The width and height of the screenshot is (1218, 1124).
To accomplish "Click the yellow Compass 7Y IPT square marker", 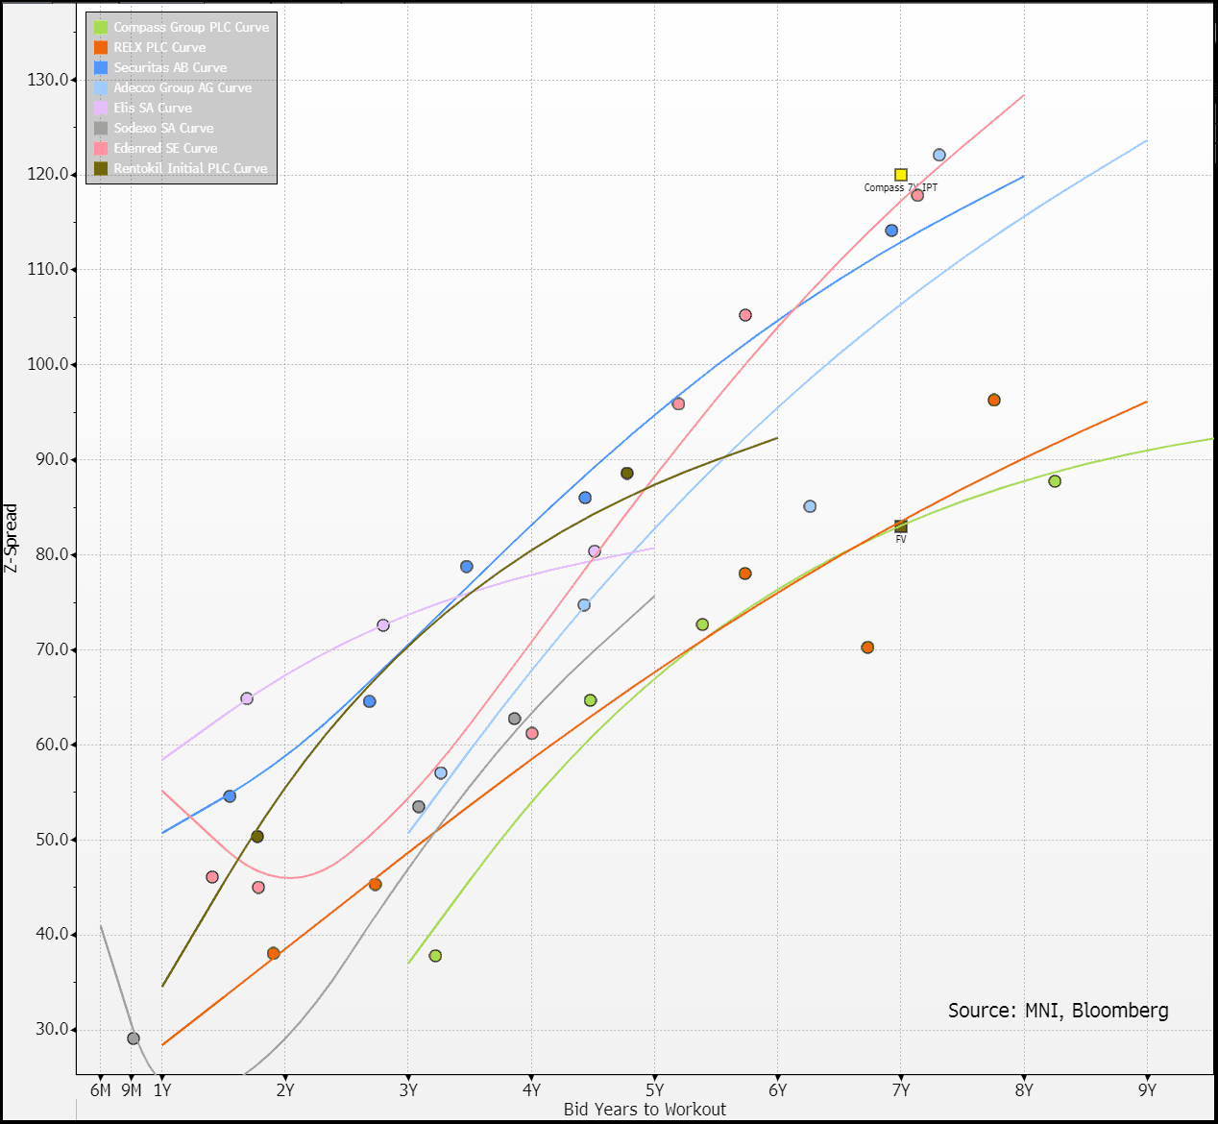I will coord(901,175).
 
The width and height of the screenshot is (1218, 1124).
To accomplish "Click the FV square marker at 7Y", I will coord(901,526).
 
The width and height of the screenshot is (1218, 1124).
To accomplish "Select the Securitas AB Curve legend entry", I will coord(170,67).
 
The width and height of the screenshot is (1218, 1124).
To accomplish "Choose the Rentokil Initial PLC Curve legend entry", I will coord(190,168).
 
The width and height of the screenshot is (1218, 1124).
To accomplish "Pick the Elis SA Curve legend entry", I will coord(153,108).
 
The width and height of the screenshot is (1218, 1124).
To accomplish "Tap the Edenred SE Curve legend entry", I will coord(165,148).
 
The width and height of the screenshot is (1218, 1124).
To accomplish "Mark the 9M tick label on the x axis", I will coord(132,1089).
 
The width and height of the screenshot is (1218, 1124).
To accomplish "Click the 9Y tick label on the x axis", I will coord(1147,1089).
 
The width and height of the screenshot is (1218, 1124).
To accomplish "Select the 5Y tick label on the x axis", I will coord(654,1089).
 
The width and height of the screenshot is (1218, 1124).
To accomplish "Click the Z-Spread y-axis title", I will coord(12,538).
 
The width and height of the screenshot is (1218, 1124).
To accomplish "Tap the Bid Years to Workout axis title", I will coord(645,1110).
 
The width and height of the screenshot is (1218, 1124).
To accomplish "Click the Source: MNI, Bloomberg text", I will coord(1058,1010).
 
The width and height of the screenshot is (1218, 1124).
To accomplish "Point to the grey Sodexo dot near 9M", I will coord(134,1038).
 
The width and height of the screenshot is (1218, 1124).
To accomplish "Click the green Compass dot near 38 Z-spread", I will coord(435,956).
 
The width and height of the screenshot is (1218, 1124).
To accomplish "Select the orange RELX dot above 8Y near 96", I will coord(994,401).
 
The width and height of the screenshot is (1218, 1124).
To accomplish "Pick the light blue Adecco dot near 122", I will coord(939,156).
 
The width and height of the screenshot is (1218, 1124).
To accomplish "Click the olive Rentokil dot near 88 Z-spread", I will coord(627,474).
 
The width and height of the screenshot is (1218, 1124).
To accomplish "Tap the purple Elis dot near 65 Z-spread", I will coord(247,698).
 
